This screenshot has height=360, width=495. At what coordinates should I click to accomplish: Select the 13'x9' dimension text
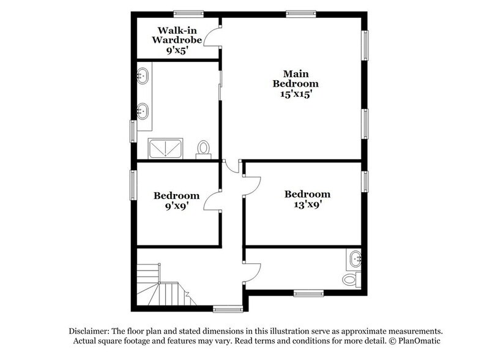click(x=307, y=206)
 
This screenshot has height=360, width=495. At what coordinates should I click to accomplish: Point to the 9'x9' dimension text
click(x=176, y=206)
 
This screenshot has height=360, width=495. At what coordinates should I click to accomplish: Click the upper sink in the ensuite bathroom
click(x=143, y=77)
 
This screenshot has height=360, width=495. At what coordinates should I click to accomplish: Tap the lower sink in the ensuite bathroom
click(x=143, y=111)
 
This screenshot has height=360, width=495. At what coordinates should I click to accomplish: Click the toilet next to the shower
click(x=204, y=149)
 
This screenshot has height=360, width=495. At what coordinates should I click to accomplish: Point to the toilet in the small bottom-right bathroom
click(x=350, y=280)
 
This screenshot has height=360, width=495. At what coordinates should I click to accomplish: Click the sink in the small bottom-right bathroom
click(x=355, y=259)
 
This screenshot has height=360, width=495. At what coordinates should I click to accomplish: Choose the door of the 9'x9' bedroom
click(x=212, y=198)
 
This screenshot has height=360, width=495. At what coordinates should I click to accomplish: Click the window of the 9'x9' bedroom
click(x=132, y=184)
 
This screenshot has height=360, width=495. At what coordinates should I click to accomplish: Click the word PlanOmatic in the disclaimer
click(x=417, y=340)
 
